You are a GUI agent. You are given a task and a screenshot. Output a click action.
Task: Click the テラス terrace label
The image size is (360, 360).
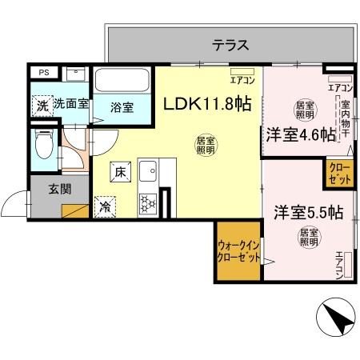pyautogui.click(x=232, y=45)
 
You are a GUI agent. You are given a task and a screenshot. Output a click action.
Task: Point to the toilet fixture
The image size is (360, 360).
pyautogui.click(x=46, y=145)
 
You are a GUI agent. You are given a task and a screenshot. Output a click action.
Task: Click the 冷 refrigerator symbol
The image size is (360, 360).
pyautogui.click(x=106, y=206)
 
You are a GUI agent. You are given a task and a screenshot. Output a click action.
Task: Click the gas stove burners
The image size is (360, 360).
pyautogui.click(x=147, y=204)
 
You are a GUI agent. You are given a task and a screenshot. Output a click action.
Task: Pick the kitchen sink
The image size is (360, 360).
pyautogui.click(x=148, y=171)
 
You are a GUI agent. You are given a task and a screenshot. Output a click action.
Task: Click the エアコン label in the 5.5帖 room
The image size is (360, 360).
pyautogui.click(x=339, y=265)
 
